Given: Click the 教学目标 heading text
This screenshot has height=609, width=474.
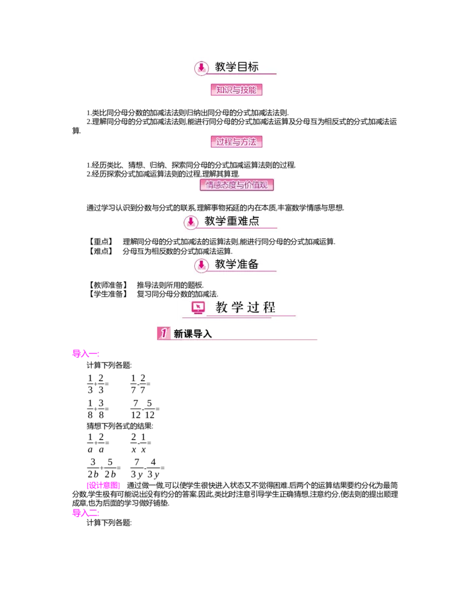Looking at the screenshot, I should tap(237, 67).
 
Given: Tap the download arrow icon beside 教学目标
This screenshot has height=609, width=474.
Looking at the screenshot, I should tap(201, 68).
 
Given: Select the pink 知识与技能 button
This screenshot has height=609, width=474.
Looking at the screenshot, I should tap(236, 90).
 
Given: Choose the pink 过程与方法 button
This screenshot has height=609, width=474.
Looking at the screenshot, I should tap(236, 142).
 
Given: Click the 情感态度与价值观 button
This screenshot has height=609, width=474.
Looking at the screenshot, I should tap(236, 185).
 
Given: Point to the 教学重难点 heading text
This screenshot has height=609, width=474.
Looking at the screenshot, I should tap(232, 221).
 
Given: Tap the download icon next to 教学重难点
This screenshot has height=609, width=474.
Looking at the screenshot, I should tap(191, 222).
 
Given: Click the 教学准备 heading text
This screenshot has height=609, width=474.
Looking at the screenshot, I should tap(237, 264).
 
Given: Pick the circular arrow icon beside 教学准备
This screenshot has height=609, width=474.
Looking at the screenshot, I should tap(201, 265).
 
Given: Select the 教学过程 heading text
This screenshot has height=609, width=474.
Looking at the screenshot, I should tap(246, 307).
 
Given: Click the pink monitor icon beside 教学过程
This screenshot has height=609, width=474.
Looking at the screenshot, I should tap(198, 307).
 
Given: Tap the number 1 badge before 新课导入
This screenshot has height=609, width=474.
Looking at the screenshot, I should tap(164, 334).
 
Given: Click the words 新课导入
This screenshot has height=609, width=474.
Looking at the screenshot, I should tap(193, 334).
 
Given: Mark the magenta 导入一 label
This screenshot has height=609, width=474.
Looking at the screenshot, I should tap(85, 354).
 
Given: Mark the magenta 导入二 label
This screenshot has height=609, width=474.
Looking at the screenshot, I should tap(85, 512).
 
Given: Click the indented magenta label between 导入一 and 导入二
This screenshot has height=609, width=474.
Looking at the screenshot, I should tap(103, 485).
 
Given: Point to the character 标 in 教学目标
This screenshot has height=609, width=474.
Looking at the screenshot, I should tap(254, 67).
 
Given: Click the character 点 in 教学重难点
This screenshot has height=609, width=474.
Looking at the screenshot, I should tap(254, 221).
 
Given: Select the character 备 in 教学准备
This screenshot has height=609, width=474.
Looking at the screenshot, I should tap(254, 264).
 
